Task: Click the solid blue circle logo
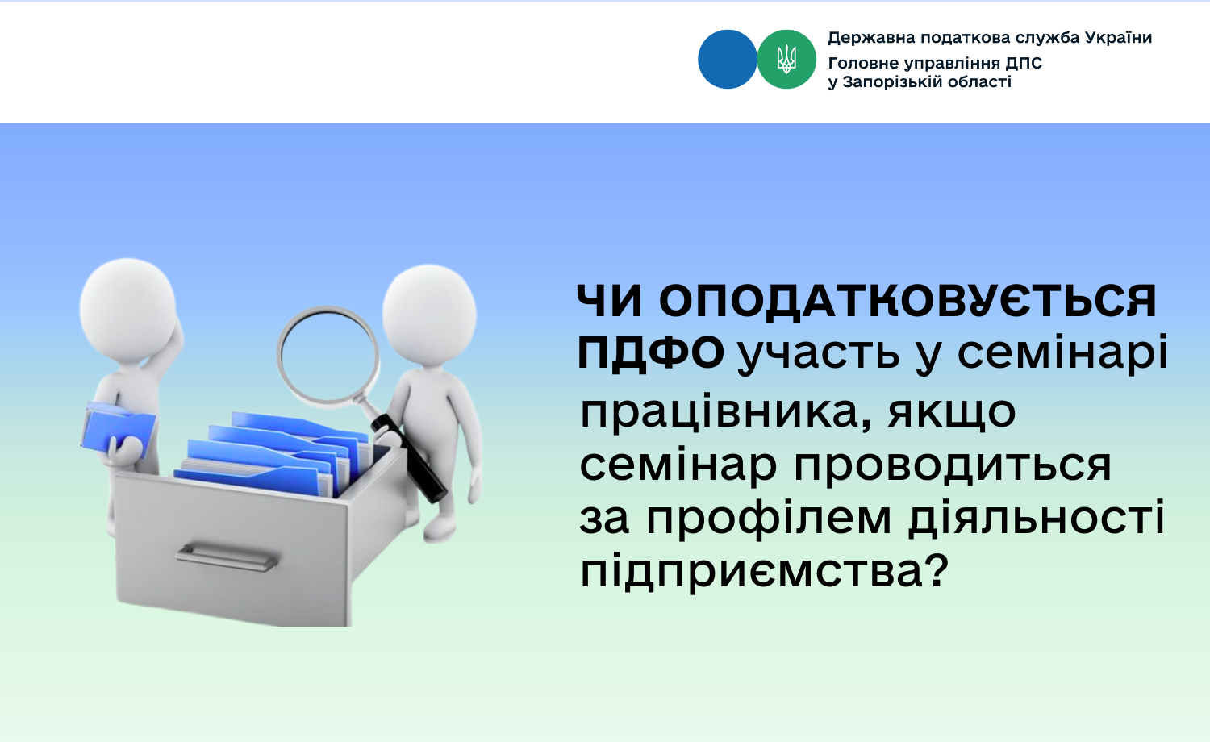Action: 727,60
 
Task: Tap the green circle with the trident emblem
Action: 786,60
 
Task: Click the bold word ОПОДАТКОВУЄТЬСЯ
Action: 907,301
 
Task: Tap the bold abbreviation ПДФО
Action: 650,353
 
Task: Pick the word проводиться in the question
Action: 953,465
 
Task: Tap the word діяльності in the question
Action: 1036,517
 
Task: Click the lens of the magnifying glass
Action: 328,354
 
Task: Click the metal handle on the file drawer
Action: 227,558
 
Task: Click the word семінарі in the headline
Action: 1062,353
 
